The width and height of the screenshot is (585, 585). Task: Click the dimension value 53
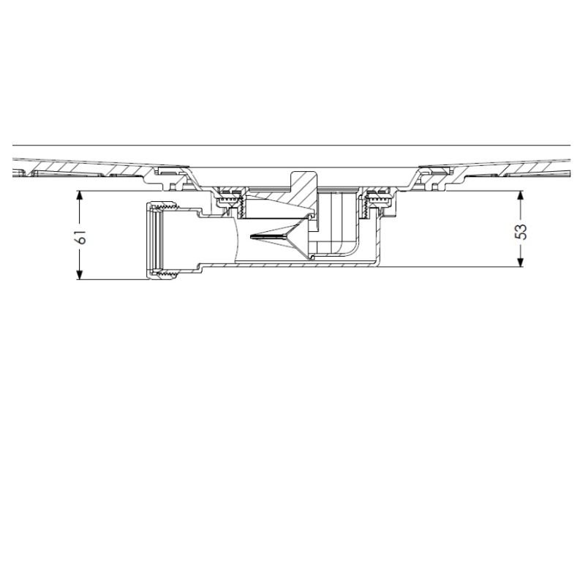pyautogui.click(x=521, y=232)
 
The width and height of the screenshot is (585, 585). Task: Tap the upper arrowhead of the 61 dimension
pyautogui.click(x=79, y=195)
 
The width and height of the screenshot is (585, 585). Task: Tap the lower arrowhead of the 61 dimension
pyautogui.click(x=79, y=275)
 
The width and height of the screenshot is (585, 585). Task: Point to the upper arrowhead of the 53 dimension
pyautogui.click(x=521, y=195)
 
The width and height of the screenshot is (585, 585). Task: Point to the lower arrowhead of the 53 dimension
pyautogui.click(x=521, y=263)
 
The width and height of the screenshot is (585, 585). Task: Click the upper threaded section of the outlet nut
pyautogui.click(x=167, y=207)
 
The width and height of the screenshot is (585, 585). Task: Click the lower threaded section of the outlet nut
pyautogui.click(x=167, y=275)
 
